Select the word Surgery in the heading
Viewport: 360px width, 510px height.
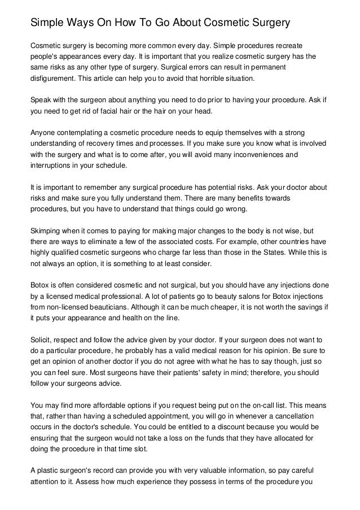[x=267, y=24]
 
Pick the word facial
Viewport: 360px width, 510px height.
[x=125, y=111]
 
